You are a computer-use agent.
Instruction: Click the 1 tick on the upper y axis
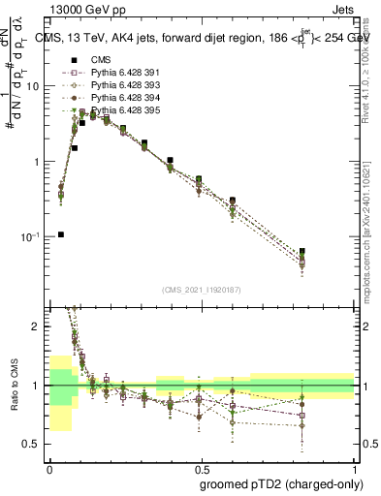[38, 162]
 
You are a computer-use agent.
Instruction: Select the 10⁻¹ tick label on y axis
[32, 236]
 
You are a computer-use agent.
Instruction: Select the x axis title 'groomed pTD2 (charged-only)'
[282, 483]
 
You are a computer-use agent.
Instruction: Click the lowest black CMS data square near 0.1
[61, 234]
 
